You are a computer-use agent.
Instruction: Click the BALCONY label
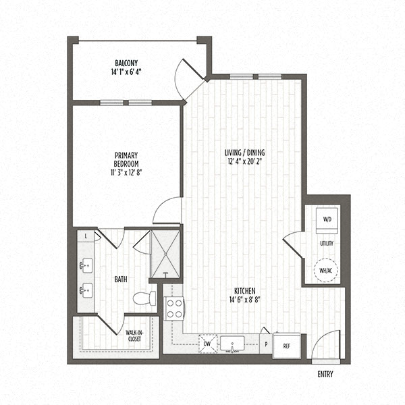pos(126,63)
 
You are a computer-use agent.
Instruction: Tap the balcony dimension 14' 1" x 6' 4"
pos(126,71)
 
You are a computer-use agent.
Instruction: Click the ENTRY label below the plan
pos(325,375)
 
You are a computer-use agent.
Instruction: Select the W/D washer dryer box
pos(327,220)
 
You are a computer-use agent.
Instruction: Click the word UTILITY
pos(327,243)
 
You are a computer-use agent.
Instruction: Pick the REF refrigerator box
pos(286,346)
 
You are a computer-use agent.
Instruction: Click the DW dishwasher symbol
pos(208,344)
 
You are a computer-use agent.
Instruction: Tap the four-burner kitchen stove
pos(174,308)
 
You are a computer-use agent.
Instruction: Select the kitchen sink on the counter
pos(236,344)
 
